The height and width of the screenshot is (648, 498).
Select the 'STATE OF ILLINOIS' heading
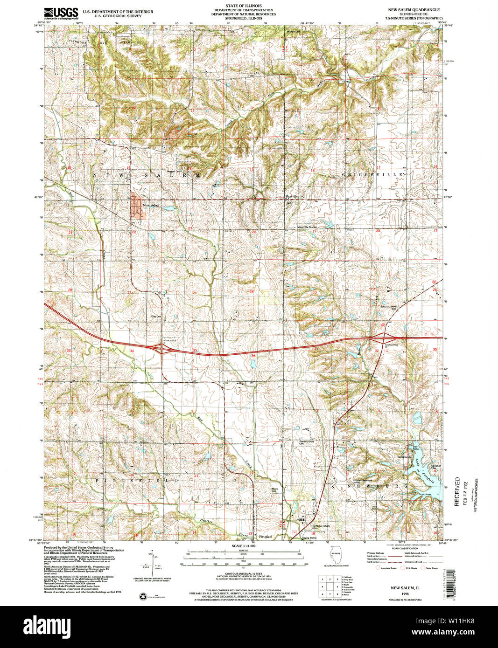click(243, 6)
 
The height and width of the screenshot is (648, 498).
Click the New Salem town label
click(151, 205)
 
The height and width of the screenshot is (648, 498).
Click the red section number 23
click(190, 228)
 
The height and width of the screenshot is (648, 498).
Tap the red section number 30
click(315, 293)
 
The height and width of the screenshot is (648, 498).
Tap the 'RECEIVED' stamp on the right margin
click(457, 492)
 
